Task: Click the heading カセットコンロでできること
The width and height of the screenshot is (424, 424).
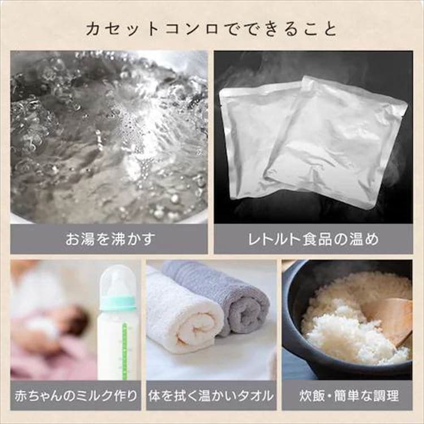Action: click(x=212, y=29)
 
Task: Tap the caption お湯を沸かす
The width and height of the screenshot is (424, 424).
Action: click(x=110, y=239)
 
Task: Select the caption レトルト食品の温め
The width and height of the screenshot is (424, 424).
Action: click(x=313, y=239)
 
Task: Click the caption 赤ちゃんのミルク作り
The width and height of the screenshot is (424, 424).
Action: click(x=76, y=396)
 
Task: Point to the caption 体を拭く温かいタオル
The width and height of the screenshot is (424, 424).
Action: click(x=211, y=396)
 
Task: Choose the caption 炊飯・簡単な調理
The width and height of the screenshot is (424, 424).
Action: click(x=349, y=396)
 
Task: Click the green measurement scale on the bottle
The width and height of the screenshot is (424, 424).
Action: click(x=125, y=351)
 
